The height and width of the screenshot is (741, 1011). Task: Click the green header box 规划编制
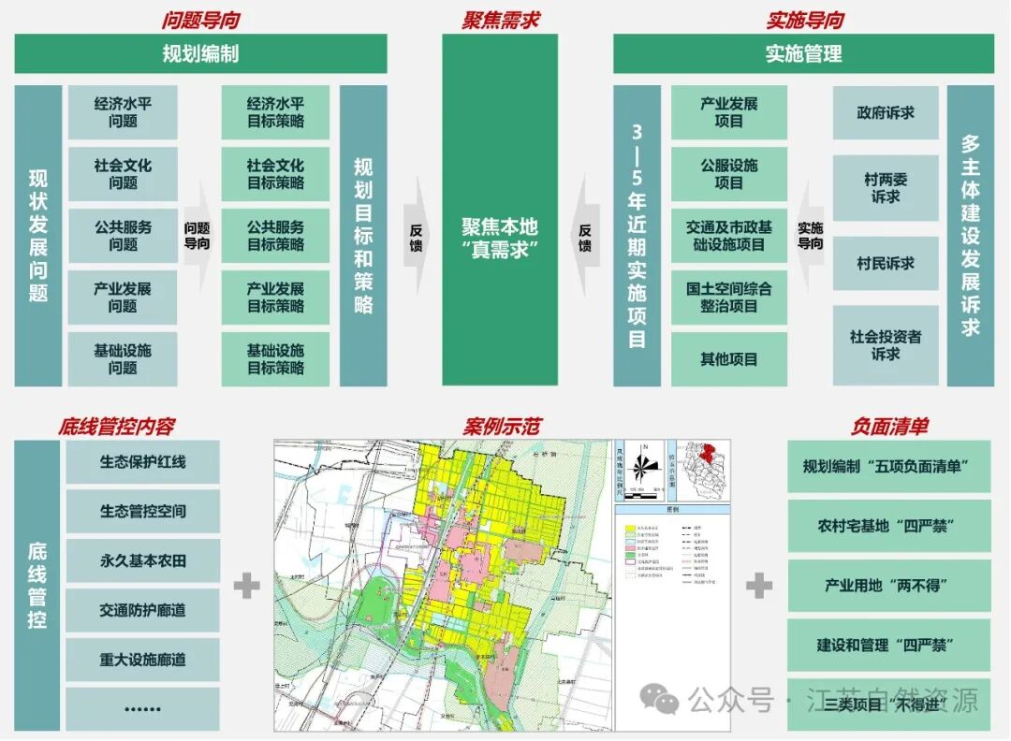point(200,53)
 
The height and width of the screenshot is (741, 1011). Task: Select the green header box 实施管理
point(803,53)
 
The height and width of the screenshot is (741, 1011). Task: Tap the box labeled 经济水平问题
point(122,112)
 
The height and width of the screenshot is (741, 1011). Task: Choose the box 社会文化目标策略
point(275,174)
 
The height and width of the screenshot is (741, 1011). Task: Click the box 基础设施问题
point(122,359)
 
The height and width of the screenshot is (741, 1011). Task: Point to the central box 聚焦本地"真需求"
point(500,236)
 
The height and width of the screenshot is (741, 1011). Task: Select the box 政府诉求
point(886,113)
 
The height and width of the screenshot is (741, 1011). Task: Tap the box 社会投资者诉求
point(886,345)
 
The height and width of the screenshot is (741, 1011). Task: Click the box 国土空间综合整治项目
point(728,298)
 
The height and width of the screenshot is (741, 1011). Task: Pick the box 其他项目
point(728,359)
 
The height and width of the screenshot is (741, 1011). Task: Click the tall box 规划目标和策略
point(363,236)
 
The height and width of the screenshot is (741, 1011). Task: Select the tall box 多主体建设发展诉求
point(971,236)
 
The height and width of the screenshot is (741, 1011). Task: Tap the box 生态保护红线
point(142,462)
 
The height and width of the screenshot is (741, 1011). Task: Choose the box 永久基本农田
point(142,561)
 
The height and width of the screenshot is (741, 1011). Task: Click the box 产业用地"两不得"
point(888,586)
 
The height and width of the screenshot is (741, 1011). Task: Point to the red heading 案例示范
point(501,427)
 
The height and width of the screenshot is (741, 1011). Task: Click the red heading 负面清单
point(888,427)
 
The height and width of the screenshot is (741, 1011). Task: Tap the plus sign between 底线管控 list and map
point(247,587)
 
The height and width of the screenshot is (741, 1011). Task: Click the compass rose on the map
point(641,464)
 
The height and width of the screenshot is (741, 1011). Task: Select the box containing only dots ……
point(142,709)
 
